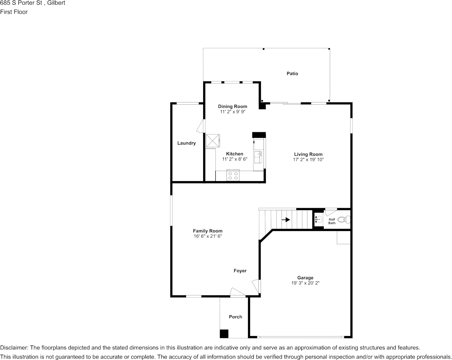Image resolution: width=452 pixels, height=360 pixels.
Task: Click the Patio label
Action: point(292,73)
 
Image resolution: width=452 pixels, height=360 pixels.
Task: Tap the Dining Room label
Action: point(232,107)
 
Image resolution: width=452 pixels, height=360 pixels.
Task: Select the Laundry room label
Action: point(186,143)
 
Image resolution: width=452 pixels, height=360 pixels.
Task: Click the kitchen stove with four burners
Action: point(233,175)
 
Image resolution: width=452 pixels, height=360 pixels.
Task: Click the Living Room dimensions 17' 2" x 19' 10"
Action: point(308,160)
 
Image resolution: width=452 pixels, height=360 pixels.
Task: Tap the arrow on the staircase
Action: point(285,220)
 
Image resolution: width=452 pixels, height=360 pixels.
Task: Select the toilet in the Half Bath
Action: point(344,220)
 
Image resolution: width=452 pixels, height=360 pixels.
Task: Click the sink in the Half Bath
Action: point(318,220)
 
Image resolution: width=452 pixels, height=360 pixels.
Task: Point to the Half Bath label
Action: point(332,221)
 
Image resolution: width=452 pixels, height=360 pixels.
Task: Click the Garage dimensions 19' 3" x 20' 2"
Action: point(305,283)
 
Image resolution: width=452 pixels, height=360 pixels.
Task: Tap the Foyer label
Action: point(240,271)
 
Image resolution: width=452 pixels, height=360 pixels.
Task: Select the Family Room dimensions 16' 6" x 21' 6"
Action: point(207,236)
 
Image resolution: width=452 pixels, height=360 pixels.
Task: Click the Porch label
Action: point(236,317)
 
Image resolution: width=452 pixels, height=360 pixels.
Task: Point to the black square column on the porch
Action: point(224,333)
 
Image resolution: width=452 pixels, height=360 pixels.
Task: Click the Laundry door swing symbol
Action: point(200,126)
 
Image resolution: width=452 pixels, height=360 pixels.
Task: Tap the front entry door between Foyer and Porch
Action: point(238,293)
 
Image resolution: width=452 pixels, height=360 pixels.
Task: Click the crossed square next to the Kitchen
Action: point(213,140)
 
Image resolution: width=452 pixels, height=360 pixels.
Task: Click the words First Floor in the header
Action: point(14,12)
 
